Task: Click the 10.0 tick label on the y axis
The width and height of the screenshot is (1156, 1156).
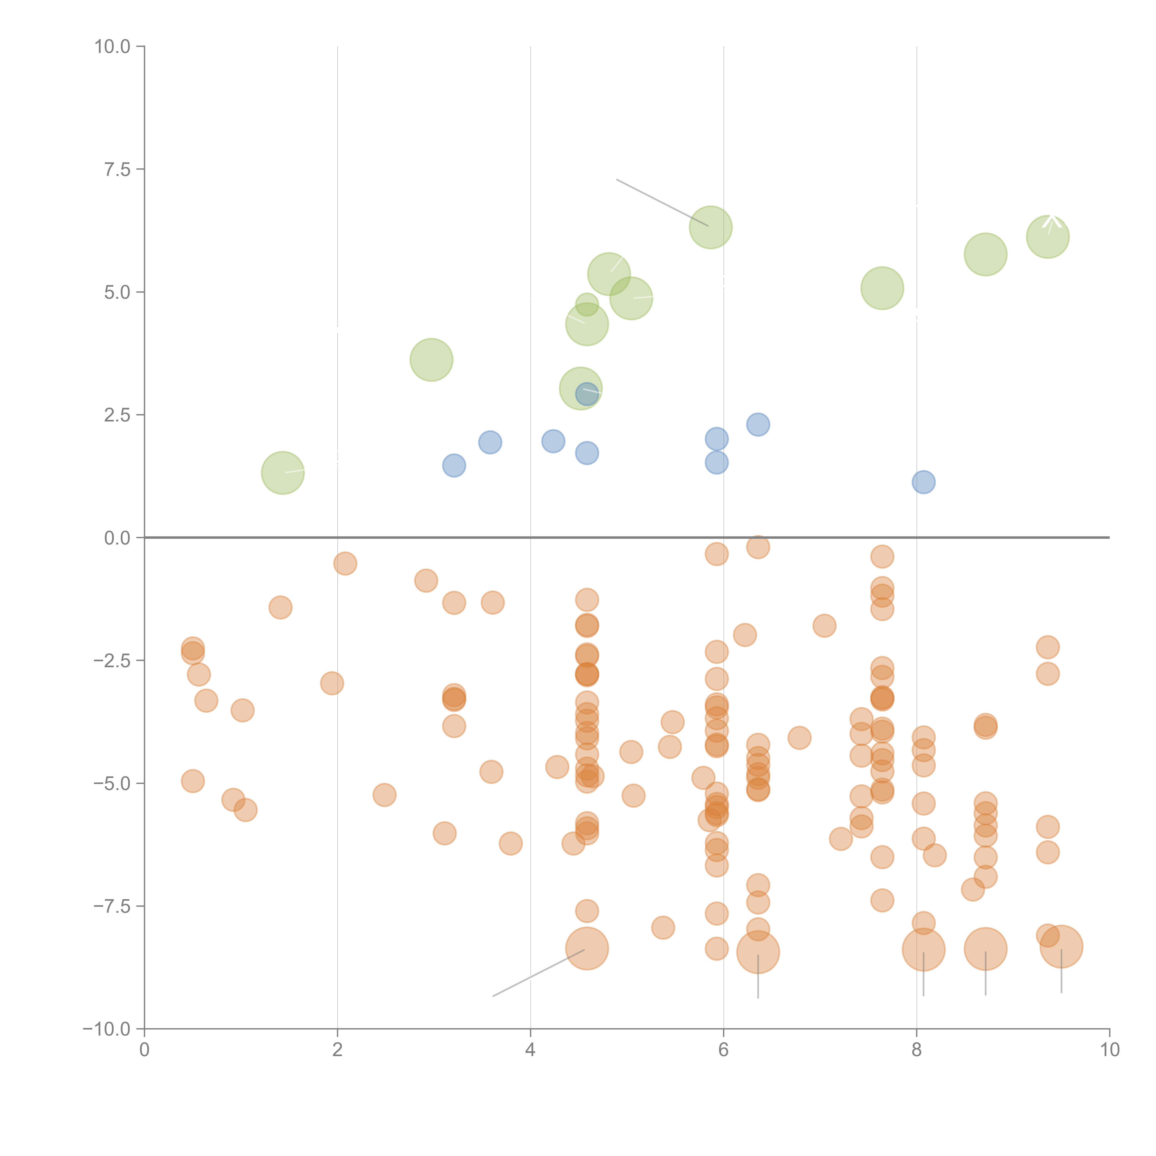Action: click(x=113, y=47)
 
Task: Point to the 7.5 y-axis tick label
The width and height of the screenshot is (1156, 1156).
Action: click(x=117, y=169)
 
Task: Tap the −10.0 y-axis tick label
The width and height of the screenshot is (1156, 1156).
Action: click(x=107, y=1029)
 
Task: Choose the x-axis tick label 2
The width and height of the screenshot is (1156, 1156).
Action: click(x=338, y=1050)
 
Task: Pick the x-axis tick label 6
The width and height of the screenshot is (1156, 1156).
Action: click(x=723, y=1050)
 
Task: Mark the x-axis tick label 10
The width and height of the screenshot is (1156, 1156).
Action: click(x=1109, y=1050)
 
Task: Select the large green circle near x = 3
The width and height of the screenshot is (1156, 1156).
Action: click(x=431, y=360)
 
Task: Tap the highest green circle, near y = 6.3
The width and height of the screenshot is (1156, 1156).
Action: click(x=711, y=227)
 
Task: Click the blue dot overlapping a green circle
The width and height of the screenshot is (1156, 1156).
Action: click(x=587, y=394)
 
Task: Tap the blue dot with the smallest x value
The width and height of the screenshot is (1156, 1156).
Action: click(x=454, y=465)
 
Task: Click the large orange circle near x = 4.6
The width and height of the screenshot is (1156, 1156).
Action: click(x=587, y=948)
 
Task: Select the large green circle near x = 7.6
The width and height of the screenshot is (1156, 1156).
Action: click(x=882, y=288)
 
